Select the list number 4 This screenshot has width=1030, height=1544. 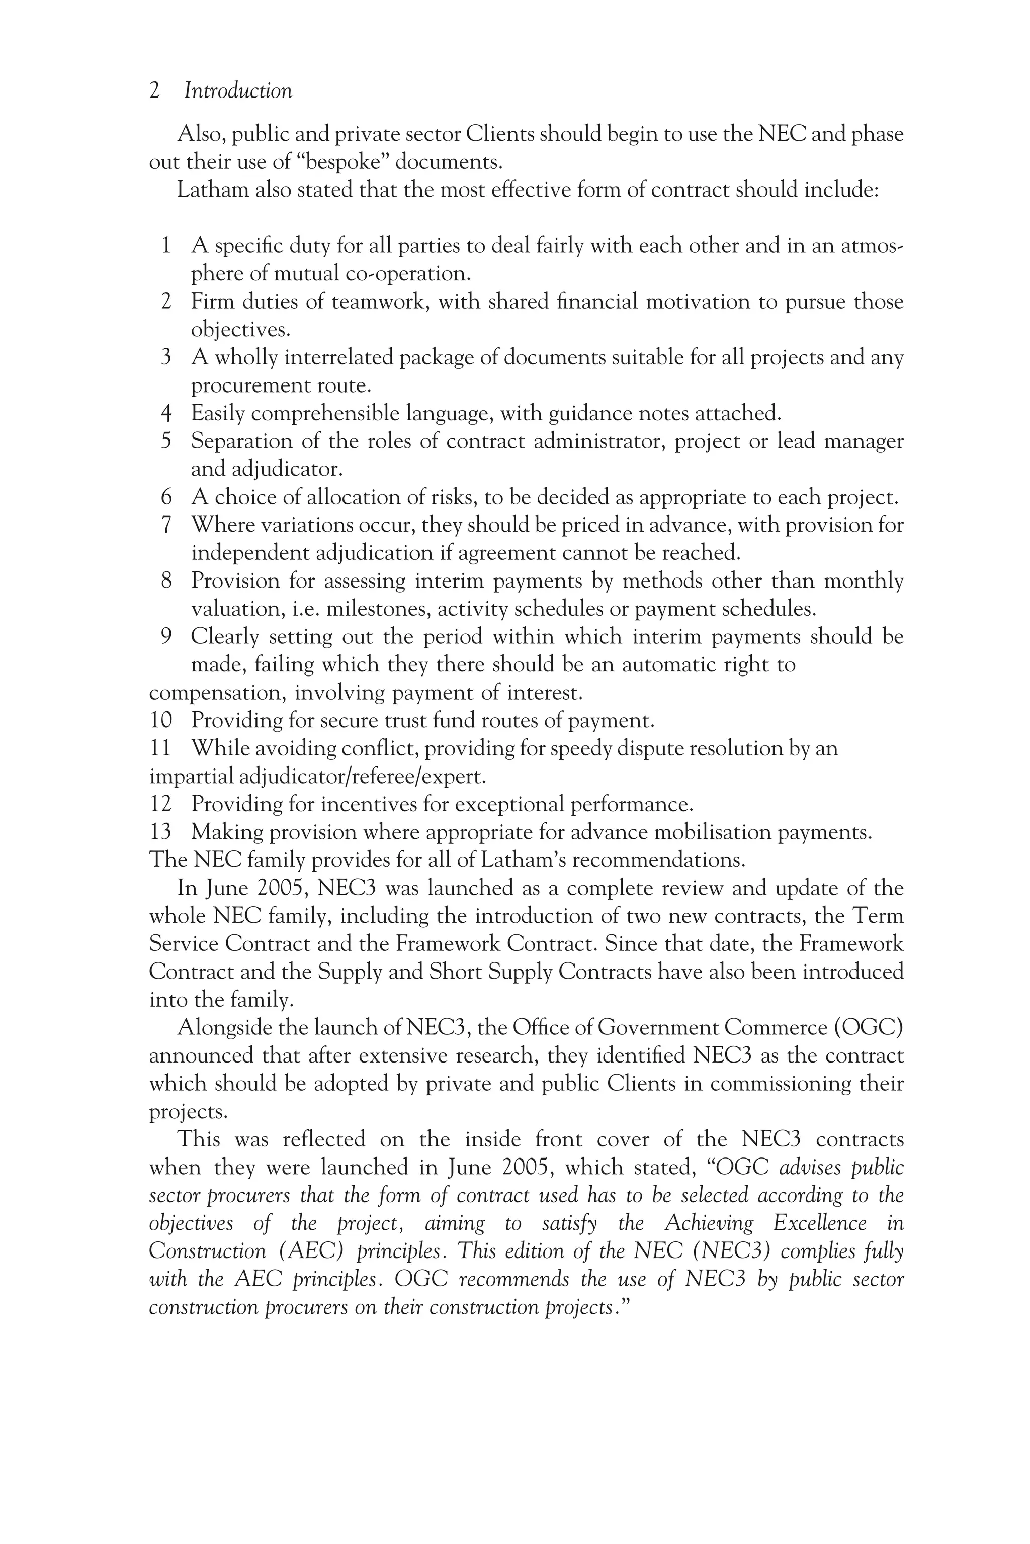tap(166, 414)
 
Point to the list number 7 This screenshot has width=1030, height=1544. tap(166, 525)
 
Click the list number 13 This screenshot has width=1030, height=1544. tap(160, 832)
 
